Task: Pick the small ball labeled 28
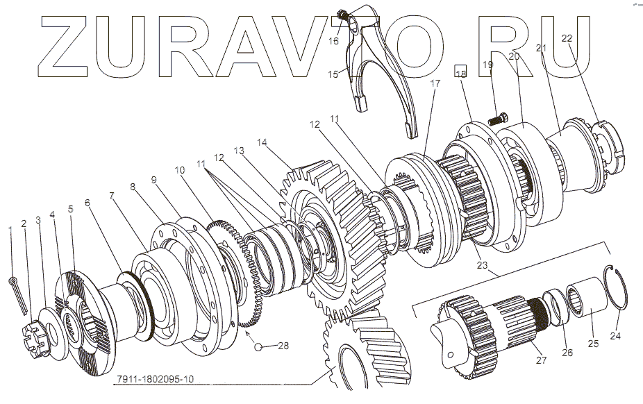point(259,346)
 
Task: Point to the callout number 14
point(262,142)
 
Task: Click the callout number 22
point(567,39)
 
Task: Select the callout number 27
point(540,360)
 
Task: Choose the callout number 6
point(87,202)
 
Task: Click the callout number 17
point(435,83)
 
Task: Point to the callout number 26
point(567,351)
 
